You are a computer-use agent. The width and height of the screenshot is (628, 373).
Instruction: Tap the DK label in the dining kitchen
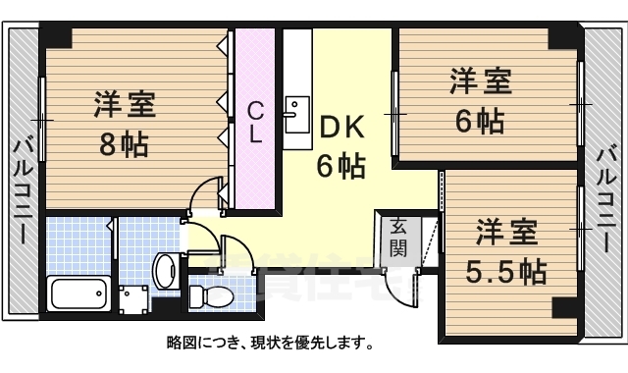click(x=340, y=127)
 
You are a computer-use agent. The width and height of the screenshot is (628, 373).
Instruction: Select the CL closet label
click(x=255, y=122)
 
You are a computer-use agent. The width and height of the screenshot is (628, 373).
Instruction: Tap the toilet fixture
click(x=209, y=293)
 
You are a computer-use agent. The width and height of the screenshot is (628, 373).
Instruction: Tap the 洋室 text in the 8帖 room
click(x=125, y=104)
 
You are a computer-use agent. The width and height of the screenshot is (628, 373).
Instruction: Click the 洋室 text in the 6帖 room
click(x=481, y=81)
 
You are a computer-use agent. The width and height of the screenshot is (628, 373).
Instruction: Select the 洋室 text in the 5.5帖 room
click(x=507, y=234)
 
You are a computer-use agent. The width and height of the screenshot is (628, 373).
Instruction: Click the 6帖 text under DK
click(x=340, y=165)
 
